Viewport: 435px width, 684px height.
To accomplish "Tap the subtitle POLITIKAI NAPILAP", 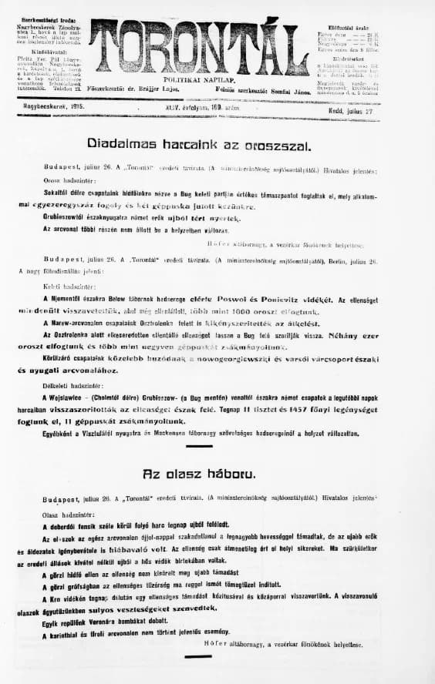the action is tap(200, 79).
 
